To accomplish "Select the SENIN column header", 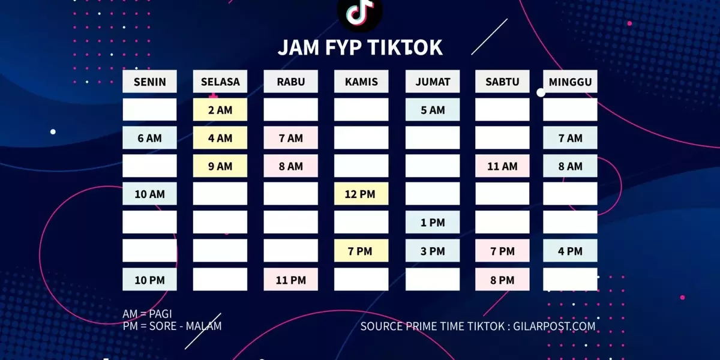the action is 149,82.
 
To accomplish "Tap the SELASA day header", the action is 220,82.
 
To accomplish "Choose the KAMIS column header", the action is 361,82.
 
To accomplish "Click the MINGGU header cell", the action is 570,82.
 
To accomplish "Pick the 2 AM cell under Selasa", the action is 220,110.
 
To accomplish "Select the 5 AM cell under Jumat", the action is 433,110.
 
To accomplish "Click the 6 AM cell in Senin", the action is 149,137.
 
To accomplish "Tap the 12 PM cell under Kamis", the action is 361,194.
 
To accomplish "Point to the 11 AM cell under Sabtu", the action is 502,166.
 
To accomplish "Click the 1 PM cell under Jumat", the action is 433,222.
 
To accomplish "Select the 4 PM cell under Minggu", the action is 570,250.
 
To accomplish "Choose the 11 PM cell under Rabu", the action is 291,280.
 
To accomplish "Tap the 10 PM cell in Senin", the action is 149,280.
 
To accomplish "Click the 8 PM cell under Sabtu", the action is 502,280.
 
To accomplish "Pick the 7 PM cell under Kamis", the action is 361,250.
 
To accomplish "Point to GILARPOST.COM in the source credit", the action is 554,326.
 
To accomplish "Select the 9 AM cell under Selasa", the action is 220,166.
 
